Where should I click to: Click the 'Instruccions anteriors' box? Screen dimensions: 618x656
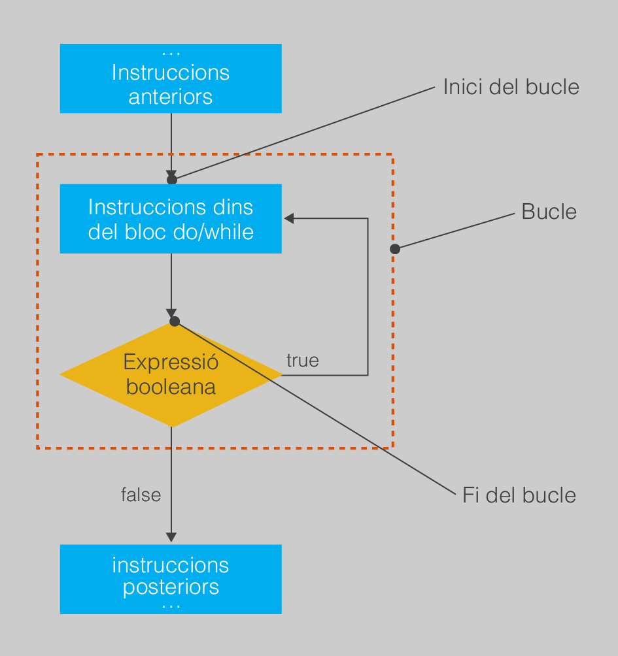[171, 78]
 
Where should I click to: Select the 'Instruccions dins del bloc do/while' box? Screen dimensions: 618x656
[171, 218]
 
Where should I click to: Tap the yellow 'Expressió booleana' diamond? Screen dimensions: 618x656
[171, 374]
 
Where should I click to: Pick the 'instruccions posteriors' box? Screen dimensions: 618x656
[171, 579]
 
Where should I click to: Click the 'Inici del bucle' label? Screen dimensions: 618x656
[511, 87]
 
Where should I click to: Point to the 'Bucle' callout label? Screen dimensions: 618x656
[549, 212]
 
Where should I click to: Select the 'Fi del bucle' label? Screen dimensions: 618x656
[519, 495]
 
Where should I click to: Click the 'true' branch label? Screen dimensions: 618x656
[303, 361]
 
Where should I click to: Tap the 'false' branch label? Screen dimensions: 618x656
[141, 495]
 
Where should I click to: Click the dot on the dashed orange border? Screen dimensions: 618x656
[395, 249]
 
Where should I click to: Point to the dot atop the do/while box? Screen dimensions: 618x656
[171, 180]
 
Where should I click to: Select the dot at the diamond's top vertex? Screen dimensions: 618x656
[175, 321]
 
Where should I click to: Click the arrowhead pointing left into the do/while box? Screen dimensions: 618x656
[289, 218]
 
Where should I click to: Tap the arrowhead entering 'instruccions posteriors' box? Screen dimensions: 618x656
[171, 537]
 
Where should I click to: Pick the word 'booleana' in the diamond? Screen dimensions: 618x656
[171, 387]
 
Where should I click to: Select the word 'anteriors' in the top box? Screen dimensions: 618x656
[171, 97]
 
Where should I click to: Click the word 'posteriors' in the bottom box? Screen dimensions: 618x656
[171, 587]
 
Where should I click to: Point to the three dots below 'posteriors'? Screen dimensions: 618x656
[171, 606]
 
